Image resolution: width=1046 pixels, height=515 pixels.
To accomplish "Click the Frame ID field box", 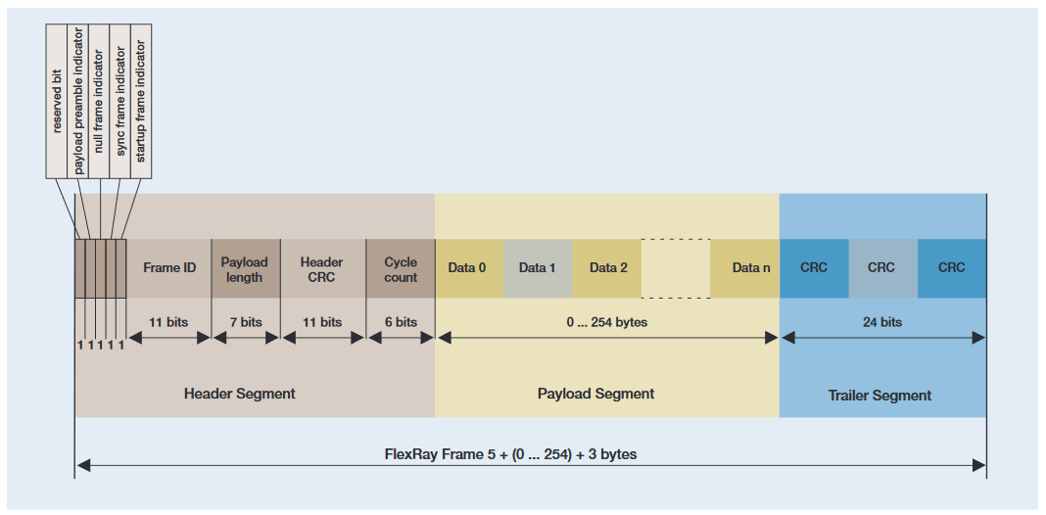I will click(169, 268).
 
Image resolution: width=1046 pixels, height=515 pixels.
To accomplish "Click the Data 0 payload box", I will click(468, 268).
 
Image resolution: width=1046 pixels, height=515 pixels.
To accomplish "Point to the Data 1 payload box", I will click(538, 268).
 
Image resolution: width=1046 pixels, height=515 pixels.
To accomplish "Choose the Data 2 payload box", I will click(607, 268).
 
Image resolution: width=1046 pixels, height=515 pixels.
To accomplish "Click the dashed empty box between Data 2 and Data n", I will click(676, 268).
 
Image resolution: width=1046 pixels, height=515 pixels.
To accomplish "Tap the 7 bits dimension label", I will click(245, 322).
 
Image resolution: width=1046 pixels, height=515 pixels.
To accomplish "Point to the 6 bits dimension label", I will click(401, 322).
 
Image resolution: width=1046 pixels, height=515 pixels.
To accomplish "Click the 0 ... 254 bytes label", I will click(607, 322).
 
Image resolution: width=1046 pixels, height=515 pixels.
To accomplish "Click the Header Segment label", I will click(239, 394).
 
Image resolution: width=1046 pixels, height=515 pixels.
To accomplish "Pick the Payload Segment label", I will click(595, 394).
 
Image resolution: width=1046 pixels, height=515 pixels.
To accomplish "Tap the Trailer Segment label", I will click(880, 396).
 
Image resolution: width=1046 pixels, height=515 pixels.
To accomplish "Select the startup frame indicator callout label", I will click(141, 98).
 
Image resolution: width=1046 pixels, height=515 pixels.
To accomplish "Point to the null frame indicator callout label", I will click(99, 98).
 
